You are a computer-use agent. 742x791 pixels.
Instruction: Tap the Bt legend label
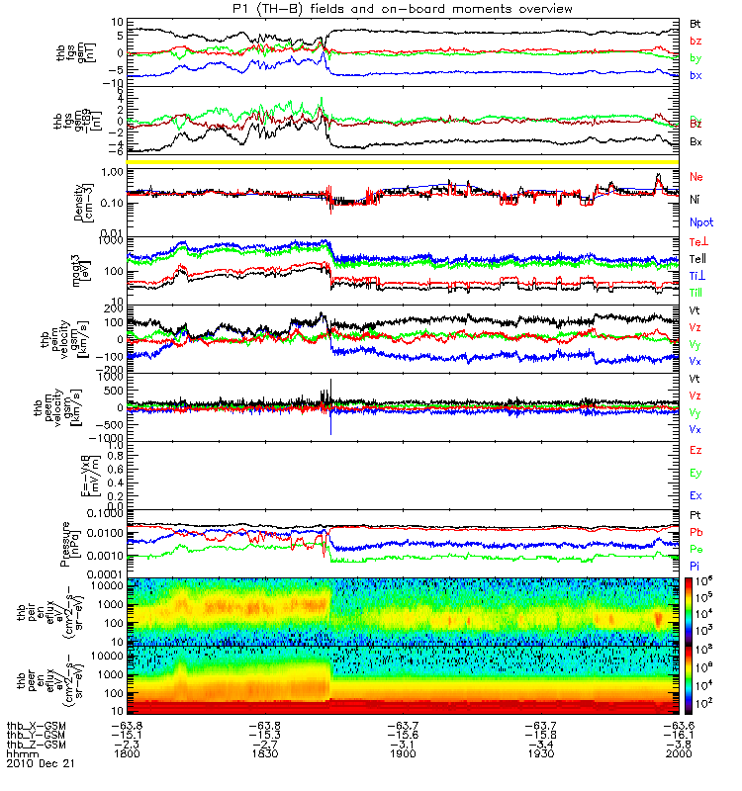[x=696, y=23]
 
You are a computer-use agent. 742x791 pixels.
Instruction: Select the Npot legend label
[x=701, y=223]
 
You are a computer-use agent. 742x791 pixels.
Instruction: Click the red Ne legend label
[x=696, y=177]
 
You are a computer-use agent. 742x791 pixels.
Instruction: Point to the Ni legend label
[x=696, y=201]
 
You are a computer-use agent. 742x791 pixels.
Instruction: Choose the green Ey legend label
[x=696, y=473]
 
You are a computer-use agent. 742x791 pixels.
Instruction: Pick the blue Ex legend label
[x=696, y=495]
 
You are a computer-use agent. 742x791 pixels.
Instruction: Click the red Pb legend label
[x=696, y=532]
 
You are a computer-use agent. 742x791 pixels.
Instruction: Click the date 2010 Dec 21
[x=41, y=764]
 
